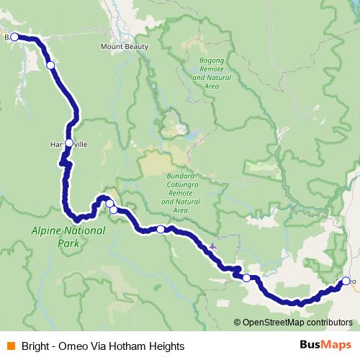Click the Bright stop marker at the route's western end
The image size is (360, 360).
click(14, 36)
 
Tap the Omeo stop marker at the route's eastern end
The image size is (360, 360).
click(346, 281)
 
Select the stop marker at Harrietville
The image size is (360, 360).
click(69, 143)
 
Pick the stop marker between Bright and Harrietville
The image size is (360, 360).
click(50, 65)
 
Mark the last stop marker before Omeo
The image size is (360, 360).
click(247, 277)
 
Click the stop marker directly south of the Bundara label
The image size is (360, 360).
click(161, 229)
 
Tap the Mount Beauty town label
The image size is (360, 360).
click(125, 47)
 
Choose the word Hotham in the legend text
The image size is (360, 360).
click(130, 346)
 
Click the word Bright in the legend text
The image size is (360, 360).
click(35, 346)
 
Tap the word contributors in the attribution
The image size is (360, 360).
click(330, 323)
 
